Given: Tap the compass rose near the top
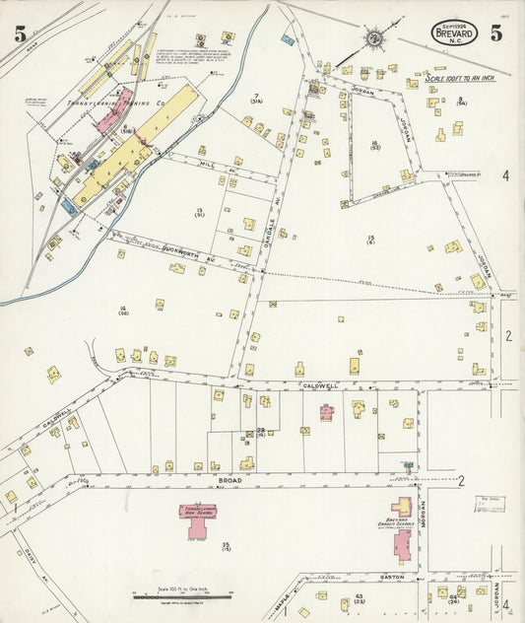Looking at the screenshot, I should (374, 39).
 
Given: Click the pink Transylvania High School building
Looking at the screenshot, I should (198, 519).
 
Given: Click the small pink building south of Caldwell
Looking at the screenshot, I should (326, 412).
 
